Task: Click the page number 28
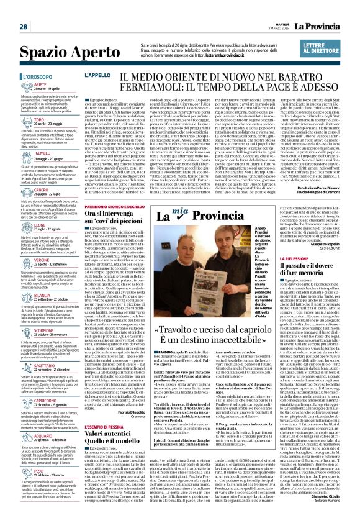(23, 27)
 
